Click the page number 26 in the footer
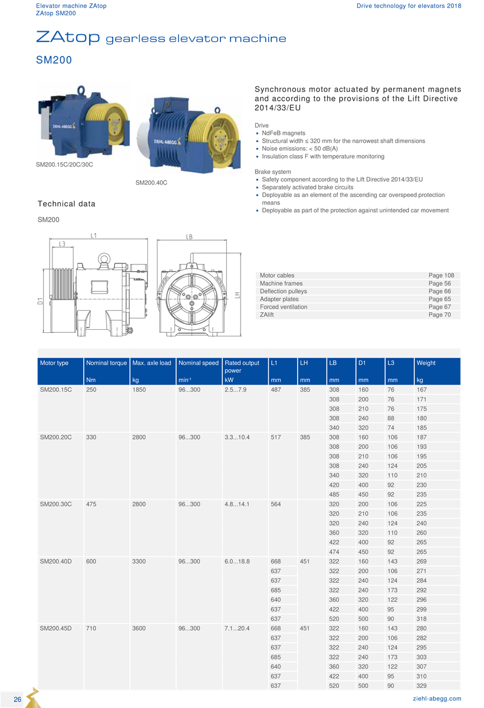[17, 699]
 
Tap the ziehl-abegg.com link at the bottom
[437, 699]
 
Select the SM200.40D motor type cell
[55, 561]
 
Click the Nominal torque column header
[106, 363]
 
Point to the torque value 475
[91, 504]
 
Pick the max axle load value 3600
[139, 628]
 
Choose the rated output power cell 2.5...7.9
[235, 389]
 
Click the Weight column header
[426, 363]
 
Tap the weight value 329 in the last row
[422, 686]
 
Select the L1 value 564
[276, 504]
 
